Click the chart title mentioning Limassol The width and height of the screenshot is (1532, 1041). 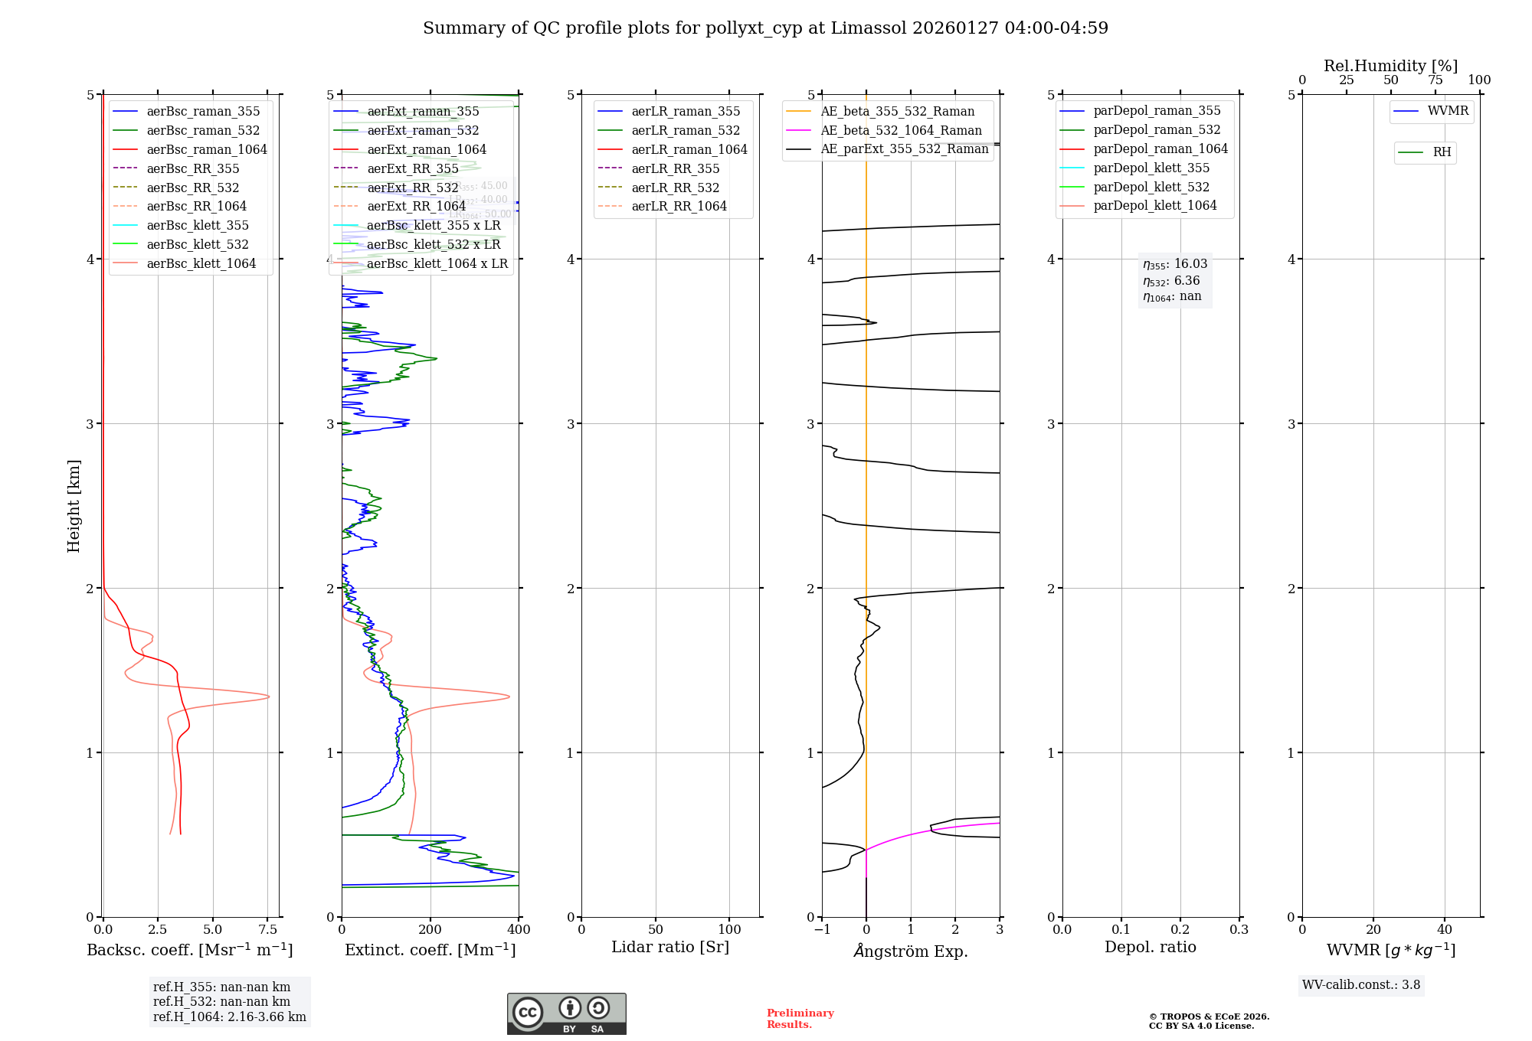tap(765, 28)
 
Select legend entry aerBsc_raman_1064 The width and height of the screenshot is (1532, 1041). tap(207, 149)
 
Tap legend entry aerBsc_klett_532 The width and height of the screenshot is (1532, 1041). tap(198, 244)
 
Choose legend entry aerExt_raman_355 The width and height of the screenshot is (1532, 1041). tap(423, 112)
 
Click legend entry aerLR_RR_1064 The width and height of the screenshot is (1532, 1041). tap(679, 206)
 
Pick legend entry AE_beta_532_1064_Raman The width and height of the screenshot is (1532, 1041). tap(901, 130)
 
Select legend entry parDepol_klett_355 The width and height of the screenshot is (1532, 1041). tap(1151, 168)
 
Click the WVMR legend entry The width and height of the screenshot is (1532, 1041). tap(1448, 111)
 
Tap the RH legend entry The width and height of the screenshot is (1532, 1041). tap(1442, 152)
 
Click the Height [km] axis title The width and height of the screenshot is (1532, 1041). tap(74, 506)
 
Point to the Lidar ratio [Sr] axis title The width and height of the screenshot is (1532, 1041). tap(670, 947)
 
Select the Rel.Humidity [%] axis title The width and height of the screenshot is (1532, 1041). tap(1390, 66)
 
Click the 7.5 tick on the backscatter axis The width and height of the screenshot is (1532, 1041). tap(267, 930)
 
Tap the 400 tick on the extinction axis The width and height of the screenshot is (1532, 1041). tap(519, 930)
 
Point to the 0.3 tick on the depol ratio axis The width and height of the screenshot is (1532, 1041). tap(1239, 930)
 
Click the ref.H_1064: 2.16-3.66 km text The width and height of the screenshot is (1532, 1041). tap(229, 1017)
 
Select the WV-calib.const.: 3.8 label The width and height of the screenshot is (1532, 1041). tap(1360, 985)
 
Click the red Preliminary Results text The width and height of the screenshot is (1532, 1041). tap(800, 1019)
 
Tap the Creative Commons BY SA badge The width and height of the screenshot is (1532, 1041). tap(566, 1014)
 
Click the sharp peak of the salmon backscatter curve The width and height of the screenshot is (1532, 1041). tap(268, 697)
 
